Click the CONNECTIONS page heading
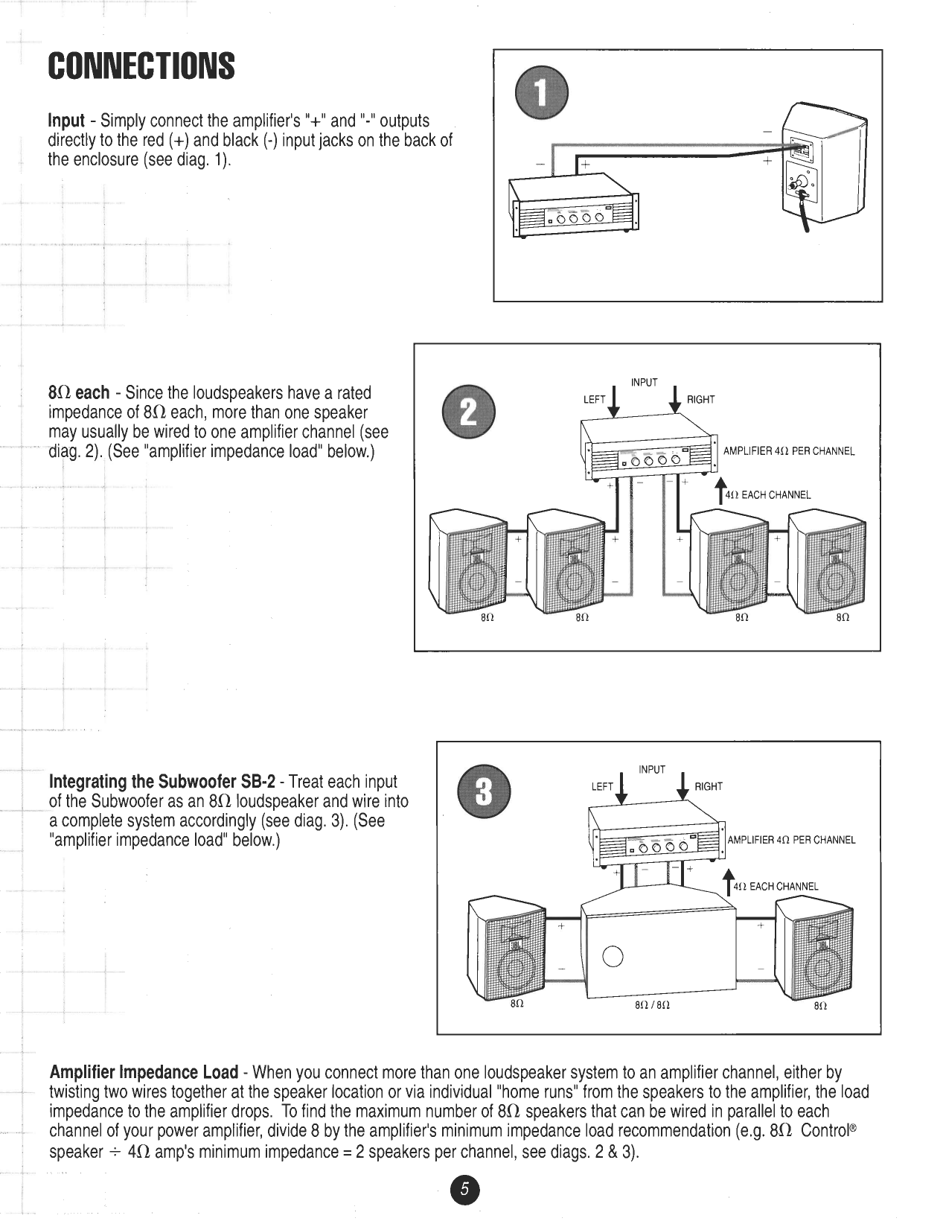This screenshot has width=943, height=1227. (141, 66)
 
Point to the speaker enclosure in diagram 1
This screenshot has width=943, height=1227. (827, 164)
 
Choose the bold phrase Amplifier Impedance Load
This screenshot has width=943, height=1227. (144, 1073)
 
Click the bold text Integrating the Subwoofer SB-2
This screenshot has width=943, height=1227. (162, 782)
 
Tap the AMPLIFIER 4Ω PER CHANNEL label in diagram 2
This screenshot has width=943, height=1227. (789, 451)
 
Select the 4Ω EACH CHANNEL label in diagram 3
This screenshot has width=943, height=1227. (776, 886)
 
